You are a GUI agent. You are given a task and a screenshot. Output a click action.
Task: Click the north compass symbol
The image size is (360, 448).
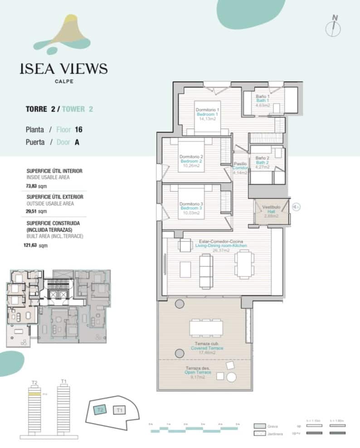click(x=334, y=26)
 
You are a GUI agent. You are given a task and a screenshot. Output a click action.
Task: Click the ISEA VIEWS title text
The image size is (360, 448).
click(x=64, y=69)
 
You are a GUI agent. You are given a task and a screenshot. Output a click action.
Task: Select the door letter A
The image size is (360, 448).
click(x=77, y=142)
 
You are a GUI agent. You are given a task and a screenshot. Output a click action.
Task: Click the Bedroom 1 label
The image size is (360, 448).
click(x=208, y=115)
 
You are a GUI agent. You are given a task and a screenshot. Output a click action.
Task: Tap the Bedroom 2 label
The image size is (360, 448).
click(x=191, y=161)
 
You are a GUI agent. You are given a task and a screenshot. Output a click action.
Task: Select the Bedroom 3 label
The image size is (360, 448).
click(x=191, y=208)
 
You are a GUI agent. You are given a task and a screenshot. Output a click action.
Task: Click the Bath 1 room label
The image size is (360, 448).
click(x=263, y=101)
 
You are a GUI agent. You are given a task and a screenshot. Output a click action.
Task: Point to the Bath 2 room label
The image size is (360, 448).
click(x=263, y=162)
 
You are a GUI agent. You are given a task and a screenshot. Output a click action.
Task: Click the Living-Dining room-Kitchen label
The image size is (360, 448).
click(x=219, y=246)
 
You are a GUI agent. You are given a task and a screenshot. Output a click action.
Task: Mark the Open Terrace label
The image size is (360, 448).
click(x=197, y=372)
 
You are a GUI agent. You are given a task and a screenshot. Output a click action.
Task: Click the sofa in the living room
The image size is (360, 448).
click(x=205, y=271)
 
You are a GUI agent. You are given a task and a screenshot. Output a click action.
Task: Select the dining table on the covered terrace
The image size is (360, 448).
click(x=206, y=327)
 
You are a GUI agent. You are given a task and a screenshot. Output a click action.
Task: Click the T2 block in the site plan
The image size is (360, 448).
click(x=100, y=410)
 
